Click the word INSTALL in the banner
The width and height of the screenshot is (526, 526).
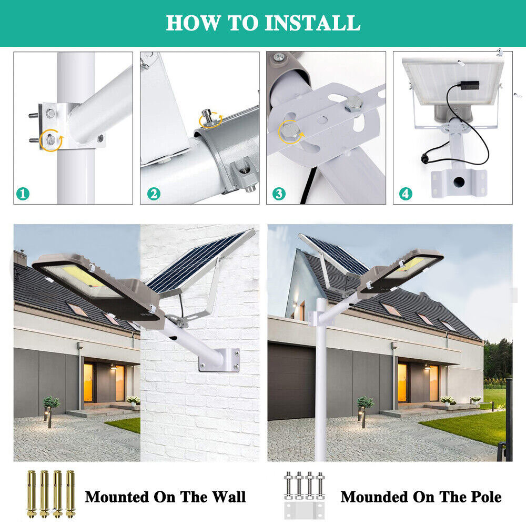[x=312, y=23]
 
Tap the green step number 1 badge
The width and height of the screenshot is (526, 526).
[x=22, y=194]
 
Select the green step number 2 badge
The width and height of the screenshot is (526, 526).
[x=153, y=194]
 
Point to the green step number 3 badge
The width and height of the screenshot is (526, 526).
[x=279, y=194]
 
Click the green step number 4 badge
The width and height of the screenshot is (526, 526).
[x=405, y=194]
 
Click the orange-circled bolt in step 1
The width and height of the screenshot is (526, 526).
[x=50, y=140]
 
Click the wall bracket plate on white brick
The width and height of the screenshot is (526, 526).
[x=219, y=360]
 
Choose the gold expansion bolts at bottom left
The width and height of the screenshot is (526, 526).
[x=50, y=494]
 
